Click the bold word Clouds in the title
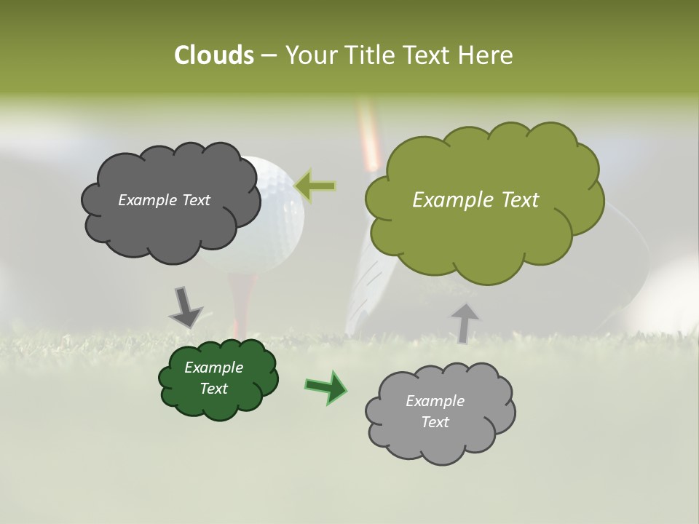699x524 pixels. pyautogui.click(x=213, y=55)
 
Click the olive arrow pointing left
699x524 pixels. pyautogui.click(x=315, y=186)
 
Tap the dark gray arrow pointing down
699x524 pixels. pyautogui.click(x=185, y=307)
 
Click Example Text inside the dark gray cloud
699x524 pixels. pyautogui.click(x=164, y=200)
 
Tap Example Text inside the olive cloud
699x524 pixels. pyautogui.click(x=475, y=200)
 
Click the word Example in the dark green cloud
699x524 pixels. pyautogui.click(x=213, y=368)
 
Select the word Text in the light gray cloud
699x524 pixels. pyautogui.click(x=435, y=422)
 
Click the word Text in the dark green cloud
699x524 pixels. pyautogui.click(x=213, y=389)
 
